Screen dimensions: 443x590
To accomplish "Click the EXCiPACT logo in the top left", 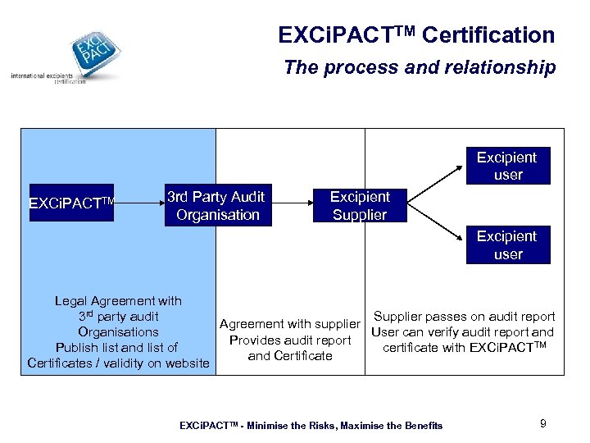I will (x=91, y=51).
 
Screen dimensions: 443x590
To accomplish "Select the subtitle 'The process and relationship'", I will (x=420, y=67).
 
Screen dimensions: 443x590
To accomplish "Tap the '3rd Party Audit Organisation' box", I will (x=216, y=206).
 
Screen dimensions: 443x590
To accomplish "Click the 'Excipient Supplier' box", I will (x=360, y=206).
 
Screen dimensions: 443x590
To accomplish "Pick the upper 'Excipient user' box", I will (x=507, y=166).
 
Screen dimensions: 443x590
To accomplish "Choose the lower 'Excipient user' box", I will (x=507, y=245).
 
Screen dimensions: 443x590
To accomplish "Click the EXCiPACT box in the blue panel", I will (x=70, y=203).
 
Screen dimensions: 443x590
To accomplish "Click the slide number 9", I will (x=542, y=423).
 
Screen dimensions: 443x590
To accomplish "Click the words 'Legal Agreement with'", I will (x=118, y=301).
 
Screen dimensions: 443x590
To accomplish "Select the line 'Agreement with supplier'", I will (x=290, y=324).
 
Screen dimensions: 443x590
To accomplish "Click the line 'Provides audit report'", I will (x=290, y=340).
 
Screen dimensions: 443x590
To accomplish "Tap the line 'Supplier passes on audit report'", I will (x=464, y=317).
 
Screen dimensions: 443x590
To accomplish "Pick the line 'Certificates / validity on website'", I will (x=118, y=363).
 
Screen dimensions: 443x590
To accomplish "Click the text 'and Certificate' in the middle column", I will (x=290, y=355).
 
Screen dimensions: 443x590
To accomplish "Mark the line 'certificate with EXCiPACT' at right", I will (x=464, y=348).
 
